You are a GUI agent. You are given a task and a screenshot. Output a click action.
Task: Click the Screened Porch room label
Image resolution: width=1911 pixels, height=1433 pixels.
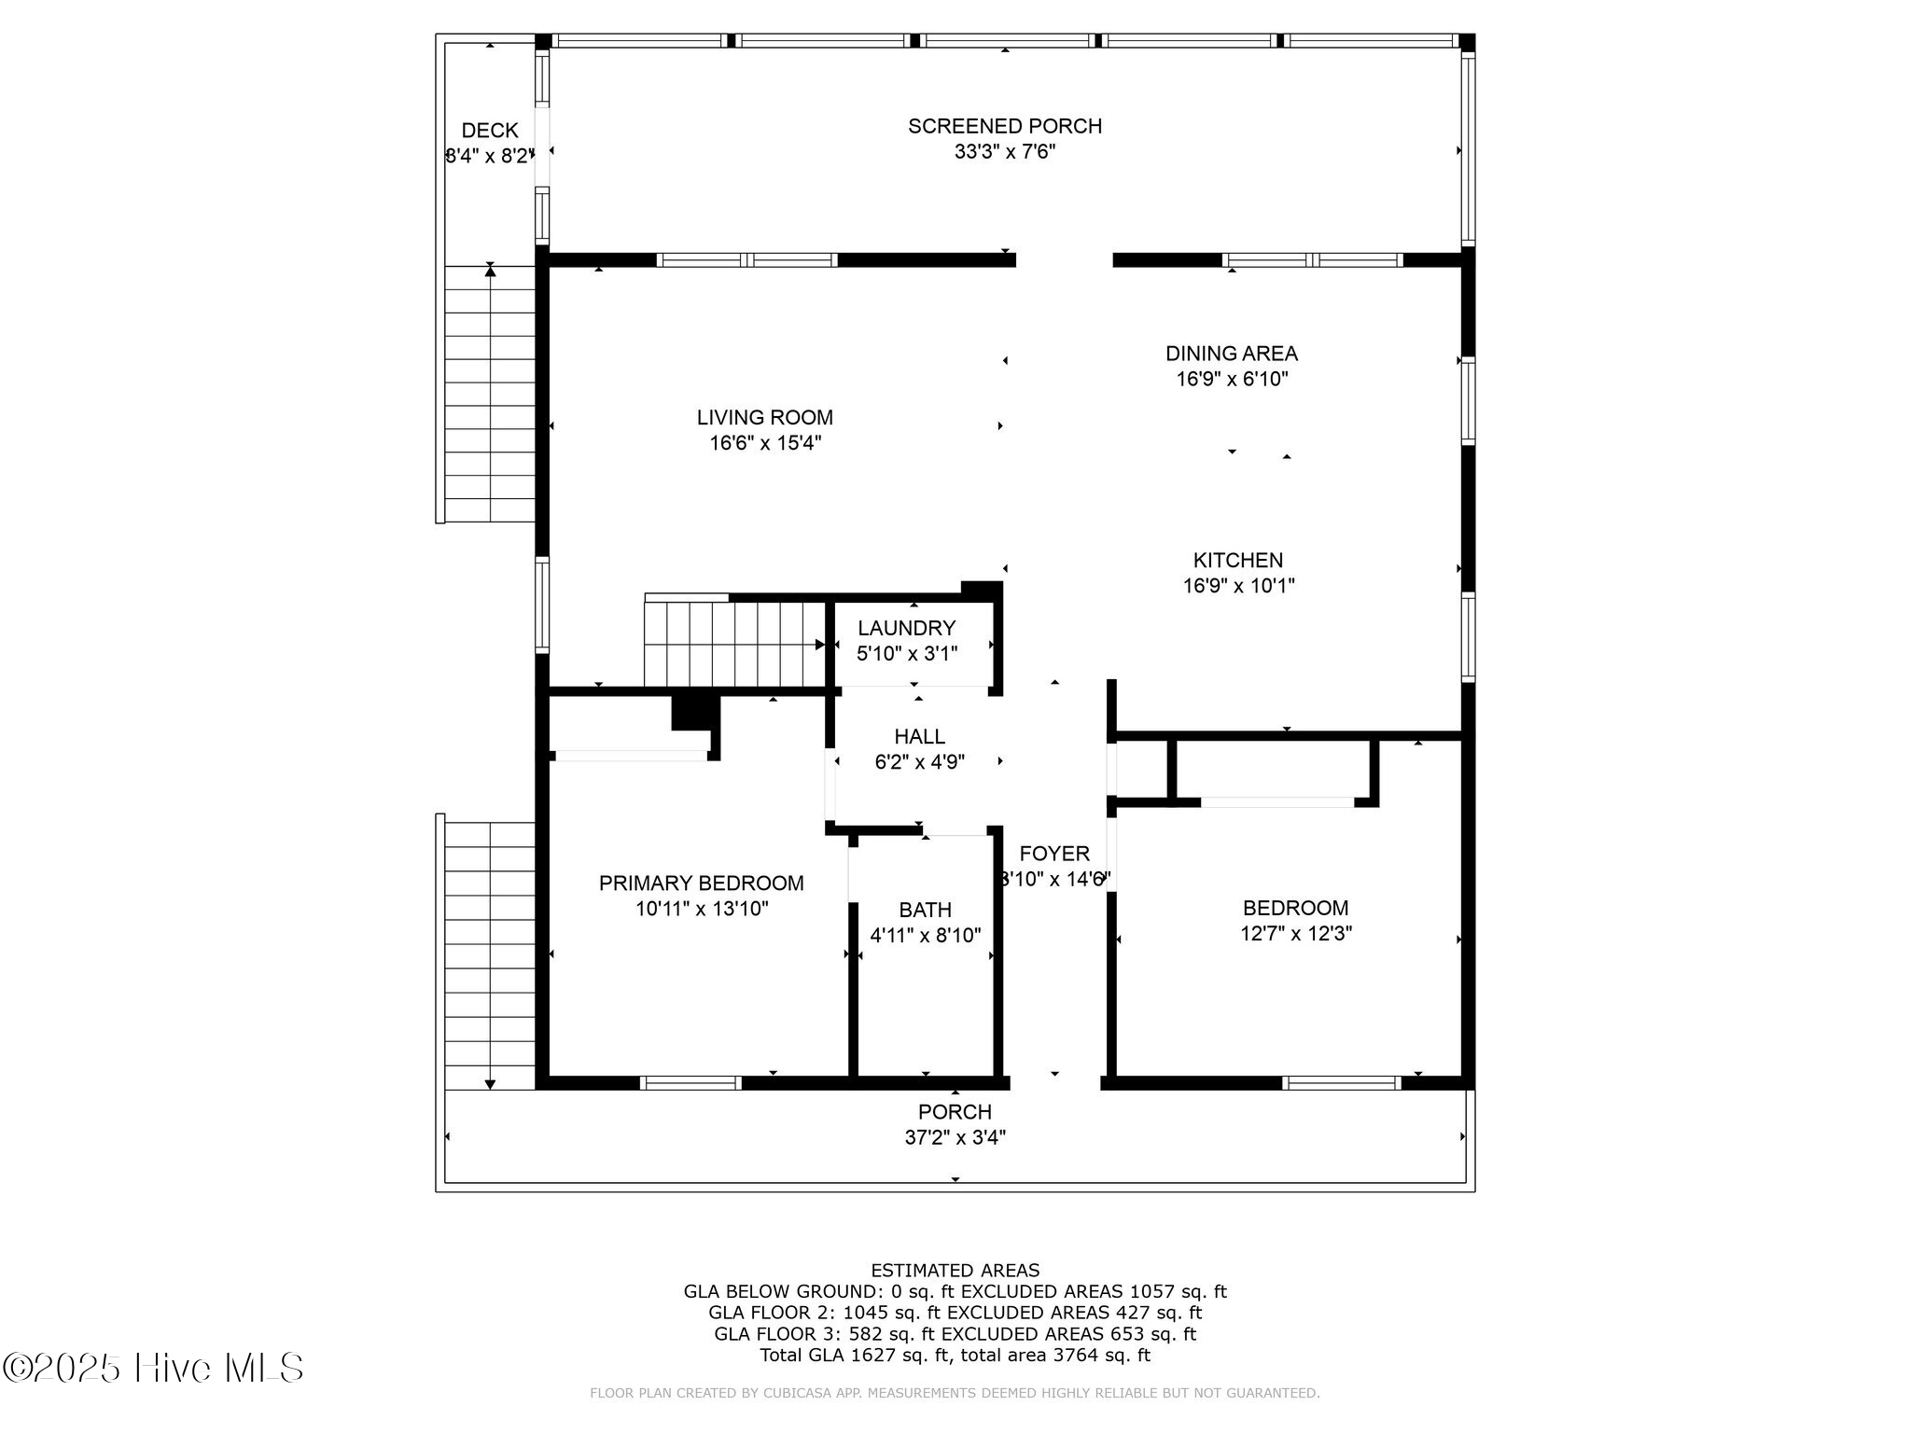coord(1005,126)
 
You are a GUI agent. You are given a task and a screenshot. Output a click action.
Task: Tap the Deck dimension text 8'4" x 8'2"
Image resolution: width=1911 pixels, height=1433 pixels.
coord(490,156)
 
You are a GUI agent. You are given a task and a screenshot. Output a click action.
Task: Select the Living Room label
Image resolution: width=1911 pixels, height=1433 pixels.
coord(765,417)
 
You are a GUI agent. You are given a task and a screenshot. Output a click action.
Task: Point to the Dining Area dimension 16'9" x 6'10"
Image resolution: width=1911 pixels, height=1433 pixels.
coord(1232,379)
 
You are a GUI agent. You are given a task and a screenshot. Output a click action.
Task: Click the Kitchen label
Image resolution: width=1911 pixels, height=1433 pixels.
coord(1238,560)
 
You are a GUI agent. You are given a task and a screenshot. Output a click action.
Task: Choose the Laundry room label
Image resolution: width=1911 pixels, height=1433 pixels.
coord(907,628)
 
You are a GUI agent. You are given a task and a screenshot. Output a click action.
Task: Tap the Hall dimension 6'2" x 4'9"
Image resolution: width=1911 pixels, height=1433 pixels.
coord(920,762)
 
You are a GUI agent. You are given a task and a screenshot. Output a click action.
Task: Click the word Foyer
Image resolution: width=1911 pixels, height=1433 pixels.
coord(1054,854)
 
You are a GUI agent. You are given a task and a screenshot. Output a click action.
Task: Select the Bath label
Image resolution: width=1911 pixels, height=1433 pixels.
coord(926,910)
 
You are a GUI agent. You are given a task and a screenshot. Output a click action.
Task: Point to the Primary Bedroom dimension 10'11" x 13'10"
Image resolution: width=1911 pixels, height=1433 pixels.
coord(702,909)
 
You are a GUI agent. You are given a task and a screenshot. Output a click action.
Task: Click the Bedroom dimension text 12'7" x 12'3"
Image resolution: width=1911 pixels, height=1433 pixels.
coord(1296,933)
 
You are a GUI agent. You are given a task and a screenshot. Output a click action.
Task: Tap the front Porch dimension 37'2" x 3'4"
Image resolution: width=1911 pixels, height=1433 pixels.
coord(955,1137)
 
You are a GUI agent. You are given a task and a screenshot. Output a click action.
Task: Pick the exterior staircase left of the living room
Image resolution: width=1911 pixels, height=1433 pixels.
coord(490,394)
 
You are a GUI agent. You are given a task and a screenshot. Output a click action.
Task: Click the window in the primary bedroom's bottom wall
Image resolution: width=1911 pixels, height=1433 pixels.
coord(691,1083)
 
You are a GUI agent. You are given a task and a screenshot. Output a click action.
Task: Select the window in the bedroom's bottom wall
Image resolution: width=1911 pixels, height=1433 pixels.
coord(1342,1083)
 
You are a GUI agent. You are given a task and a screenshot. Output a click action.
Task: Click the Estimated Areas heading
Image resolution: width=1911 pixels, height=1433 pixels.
coord(955,1271)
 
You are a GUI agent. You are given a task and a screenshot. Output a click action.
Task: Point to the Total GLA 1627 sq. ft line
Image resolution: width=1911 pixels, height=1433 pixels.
coord(955,1356)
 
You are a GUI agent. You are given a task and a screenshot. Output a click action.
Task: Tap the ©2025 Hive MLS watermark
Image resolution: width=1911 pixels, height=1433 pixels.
coord(153,1369)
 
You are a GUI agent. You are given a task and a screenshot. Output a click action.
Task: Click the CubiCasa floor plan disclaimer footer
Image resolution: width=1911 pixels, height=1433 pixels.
coord(955,1394)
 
